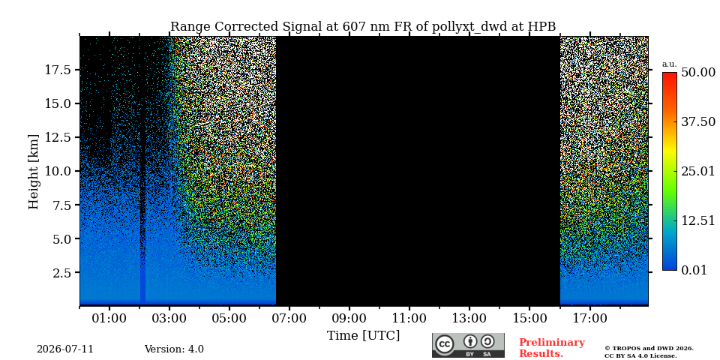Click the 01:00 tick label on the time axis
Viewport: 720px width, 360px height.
pyautogui.click(x=109, y=319)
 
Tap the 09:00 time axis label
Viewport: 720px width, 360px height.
pyautogui.click(x=349, y=319)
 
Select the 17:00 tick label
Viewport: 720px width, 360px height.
pyautogui.click(x=589, y=319)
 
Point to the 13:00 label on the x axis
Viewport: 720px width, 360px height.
pyautogui.click(x=469, y=319)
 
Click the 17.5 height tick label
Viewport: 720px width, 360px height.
pyautogui.click(x=58, y=70)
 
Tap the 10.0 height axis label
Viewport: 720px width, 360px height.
pyautogui.click(x=58, y=171)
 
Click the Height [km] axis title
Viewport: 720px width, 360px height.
pyautogui.click(x=34, y=171)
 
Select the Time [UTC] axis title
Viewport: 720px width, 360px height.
pyautogui.click(x=363, y=336)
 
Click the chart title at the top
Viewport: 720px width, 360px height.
pyautogui.click(x=363, y=27)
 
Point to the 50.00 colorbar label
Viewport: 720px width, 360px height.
pyautogui.click(x=698, y=73)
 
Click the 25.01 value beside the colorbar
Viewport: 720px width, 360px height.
pyautogui.click(x=698, y=172)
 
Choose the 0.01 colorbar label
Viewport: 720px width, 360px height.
pyautogui.click(x=694, y=271)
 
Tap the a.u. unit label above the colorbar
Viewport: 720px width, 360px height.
pyautogui.click(x=670, y=64)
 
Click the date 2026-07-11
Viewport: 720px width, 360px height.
pyautogui.click(x=65, y=349)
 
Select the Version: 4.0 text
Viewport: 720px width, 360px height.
pyautogui.click(x=174, y=349)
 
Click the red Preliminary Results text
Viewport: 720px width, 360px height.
pyautogui.click(x=552, y=348)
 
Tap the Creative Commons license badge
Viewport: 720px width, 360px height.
pyautogui.click(x=468, y=345)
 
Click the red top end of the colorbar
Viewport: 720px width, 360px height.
pyautogui.click(x=670, y=74)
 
